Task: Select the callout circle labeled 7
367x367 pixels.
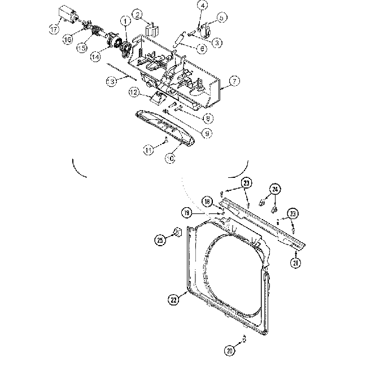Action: click(x=234, y=81)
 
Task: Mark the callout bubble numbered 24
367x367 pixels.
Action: click(x=274, y=189)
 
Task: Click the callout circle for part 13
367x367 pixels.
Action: click(x=112, y=81)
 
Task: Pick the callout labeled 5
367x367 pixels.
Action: click(x=221, y=18)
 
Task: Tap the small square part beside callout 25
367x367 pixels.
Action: click(x=176, y=231)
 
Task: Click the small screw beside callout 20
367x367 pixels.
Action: click(x=243, y=338)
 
